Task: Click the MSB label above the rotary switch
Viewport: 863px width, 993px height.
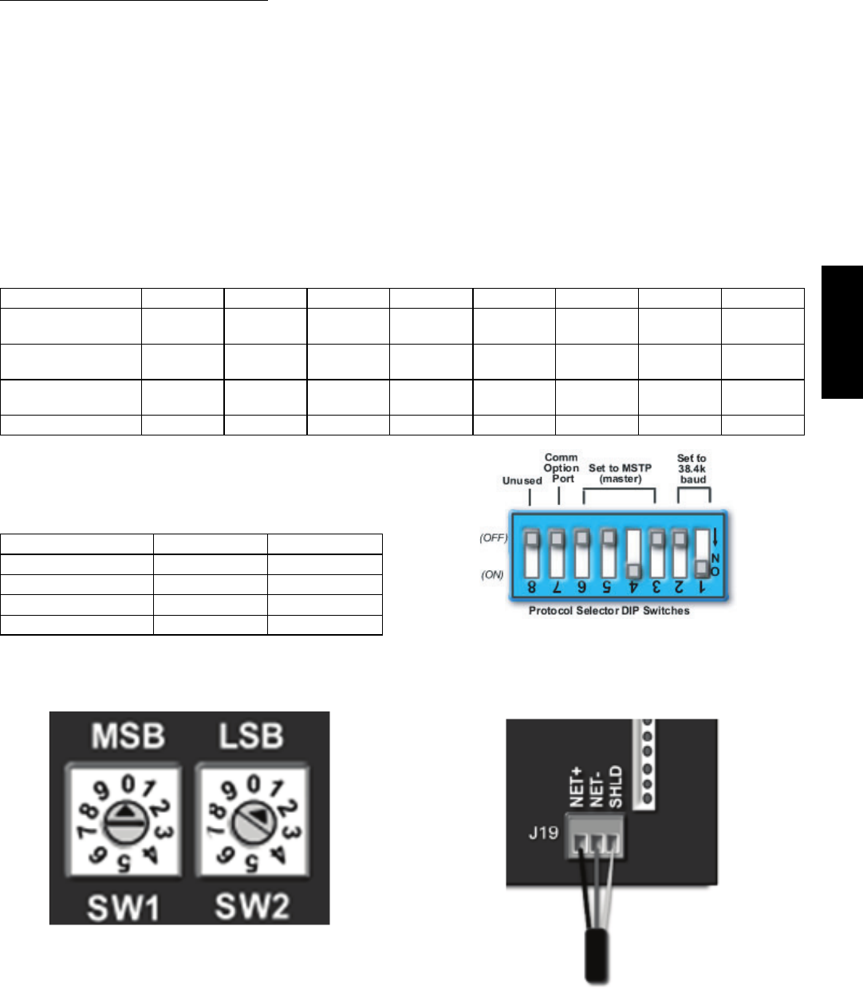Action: coord(128,736)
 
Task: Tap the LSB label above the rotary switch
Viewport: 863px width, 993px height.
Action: coord(251,736)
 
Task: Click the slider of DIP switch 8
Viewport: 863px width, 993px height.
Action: coord(530,540)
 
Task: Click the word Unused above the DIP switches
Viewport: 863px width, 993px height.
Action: coord(522,481)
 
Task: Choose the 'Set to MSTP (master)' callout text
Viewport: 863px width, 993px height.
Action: coord(620,473)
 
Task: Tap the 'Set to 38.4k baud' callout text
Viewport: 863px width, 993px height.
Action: coord(692,469)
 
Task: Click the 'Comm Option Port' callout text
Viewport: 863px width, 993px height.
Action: coord(562,468)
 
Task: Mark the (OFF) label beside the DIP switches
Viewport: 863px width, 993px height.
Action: coord(494,538)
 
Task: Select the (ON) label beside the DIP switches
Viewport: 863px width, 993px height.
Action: coord(492,574)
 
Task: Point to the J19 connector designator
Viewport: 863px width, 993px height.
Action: coord(543,835)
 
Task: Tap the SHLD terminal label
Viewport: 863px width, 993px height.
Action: coord(614,787)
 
